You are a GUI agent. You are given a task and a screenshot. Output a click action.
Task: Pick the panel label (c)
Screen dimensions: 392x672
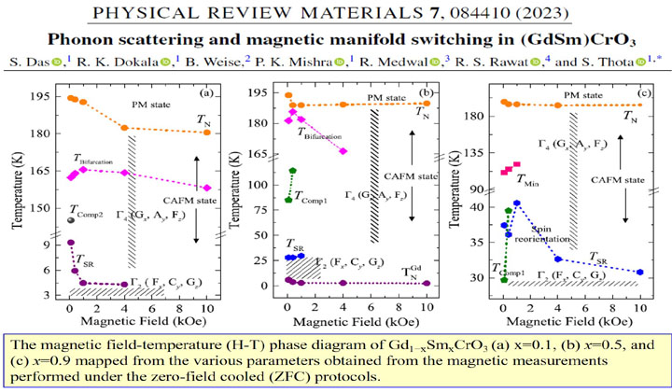(646, 93)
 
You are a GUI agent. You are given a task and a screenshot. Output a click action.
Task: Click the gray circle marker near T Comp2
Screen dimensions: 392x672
(70, 219)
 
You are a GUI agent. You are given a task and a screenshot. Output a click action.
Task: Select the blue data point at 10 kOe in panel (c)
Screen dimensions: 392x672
(640, 272)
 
